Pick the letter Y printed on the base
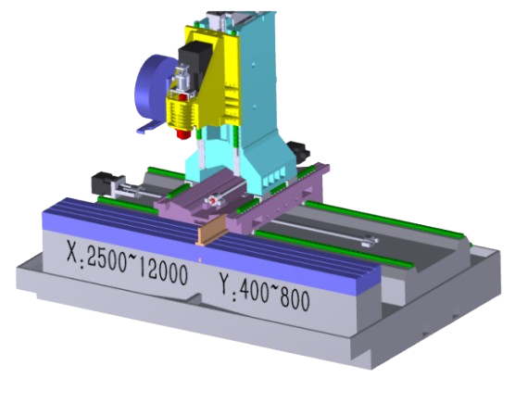226,284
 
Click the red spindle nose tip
183,134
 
